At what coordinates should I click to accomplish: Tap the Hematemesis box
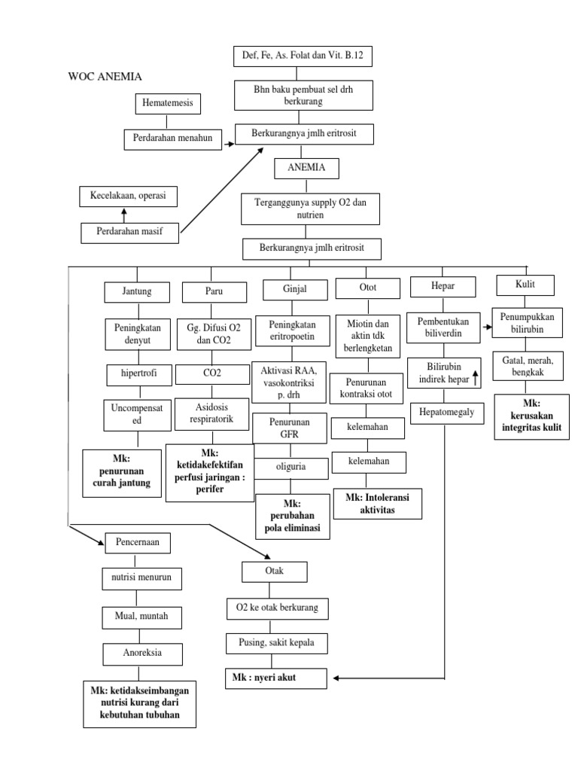point(169,103)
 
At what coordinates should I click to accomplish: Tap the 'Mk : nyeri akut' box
point(275,678)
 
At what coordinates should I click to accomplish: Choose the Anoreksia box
point(142,652)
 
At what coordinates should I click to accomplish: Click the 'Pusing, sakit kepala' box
point(275,642)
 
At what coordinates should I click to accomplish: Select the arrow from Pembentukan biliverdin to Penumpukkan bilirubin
point(487,329)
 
